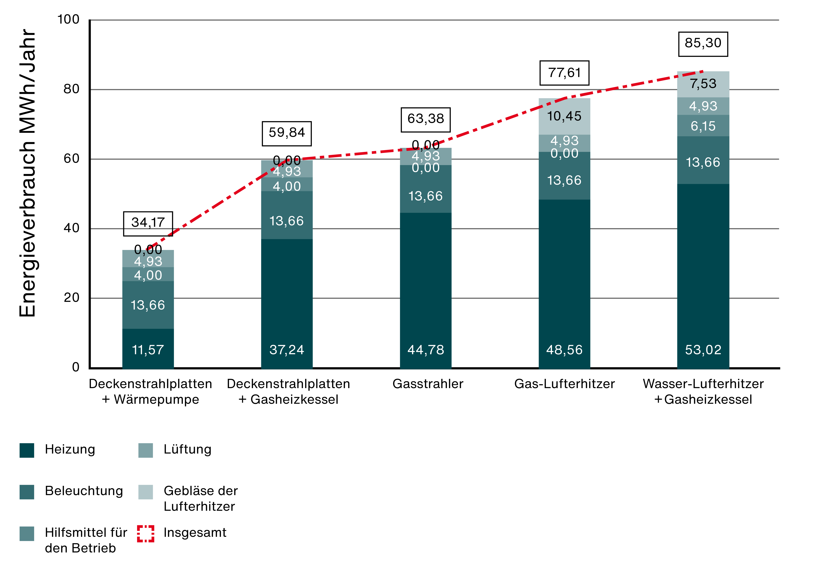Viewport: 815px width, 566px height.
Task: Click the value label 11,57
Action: click(x=148, y=350)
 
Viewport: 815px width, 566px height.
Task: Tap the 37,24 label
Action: click(x=287, y=350)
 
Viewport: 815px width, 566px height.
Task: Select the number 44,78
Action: click(x=425, y=350)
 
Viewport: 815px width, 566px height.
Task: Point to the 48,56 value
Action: click(x=564, y=350)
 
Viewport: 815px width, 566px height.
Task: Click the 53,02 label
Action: click(x=703, y=350)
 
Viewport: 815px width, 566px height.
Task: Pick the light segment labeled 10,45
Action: click(x=564, y=116)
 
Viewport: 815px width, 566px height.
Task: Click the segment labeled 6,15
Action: click(x=703, y=126)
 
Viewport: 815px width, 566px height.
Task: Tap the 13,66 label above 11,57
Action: click(x=148, y=305)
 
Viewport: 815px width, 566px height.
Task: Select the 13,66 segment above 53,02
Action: click(x=703, y=162)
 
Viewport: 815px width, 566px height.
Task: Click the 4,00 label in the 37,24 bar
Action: click(x=287, y=186)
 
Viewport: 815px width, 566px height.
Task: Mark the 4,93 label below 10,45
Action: click(x=564, y=140)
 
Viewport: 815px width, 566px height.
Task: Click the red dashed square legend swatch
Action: click(x=146, y=534)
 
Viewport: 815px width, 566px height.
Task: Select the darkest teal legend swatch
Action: click(x=27, y=450)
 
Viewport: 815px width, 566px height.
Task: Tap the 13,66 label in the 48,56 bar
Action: click(x=564, y=180)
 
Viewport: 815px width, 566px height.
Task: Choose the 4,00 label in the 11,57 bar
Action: click(x=148, y=275)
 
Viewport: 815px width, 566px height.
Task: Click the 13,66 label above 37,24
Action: click(x=287, y=221)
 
